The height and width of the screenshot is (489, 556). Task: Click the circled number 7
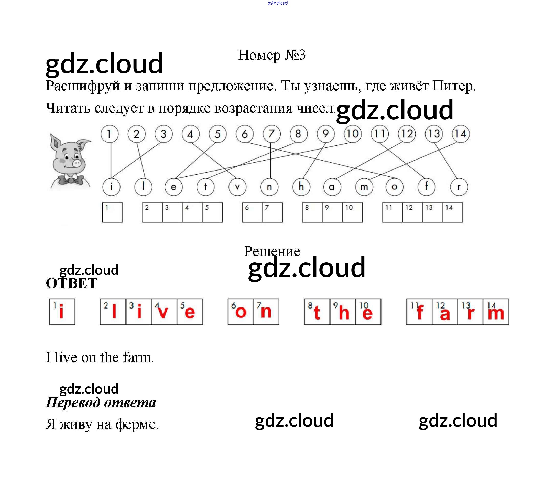(x=271, y=134)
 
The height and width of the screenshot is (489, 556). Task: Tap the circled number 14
(x=461, y=134)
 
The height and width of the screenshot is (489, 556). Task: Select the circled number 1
(x=109, y=134)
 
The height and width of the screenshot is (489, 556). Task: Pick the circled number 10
(x=353, y=134)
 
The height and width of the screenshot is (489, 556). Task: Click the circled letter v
(x=237, y=187)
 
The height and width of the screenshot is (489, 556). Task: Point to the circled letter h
(x=301, y=187)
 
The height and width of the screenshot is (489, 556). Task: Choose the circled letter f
(x=426, y=187)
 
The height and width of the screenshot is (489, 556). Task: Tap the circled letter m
(x=364, y=187)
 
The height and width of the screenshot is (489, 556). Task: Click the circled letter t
(x=205, y=187)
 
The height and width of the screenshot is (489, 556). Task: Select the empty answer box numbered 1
(x=112, y=212)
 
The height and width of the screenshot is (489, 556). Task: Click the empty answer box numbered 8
(x=312, y=212)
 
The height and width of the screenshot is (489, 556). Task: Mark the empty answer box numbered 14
(x=452, y=212)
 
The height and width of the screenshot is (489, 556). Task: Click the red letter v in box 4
(x=163, y=313)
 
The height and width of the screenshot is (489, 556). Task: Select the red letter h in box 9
(x=344, y=313)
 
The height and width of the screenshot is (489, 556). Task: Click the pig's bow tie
(x=71, y=180)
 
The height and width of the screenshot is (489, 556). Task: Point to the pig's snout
(x=77, y=163)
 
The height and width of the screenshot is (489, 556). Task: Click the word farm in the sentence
(x=138, y=357)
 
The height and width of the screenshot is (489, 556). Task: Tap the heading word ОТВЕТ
(x=72, y=283)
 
